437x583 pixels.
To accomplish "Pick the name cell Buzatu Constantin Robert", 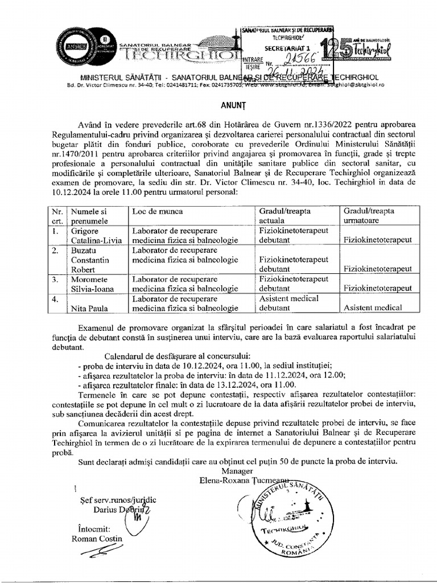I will (96, 259).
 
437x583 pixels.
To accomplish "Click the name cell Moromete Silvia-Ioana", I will (96, 284).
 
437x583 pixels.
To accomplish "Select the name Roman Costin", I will (97, 539).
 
